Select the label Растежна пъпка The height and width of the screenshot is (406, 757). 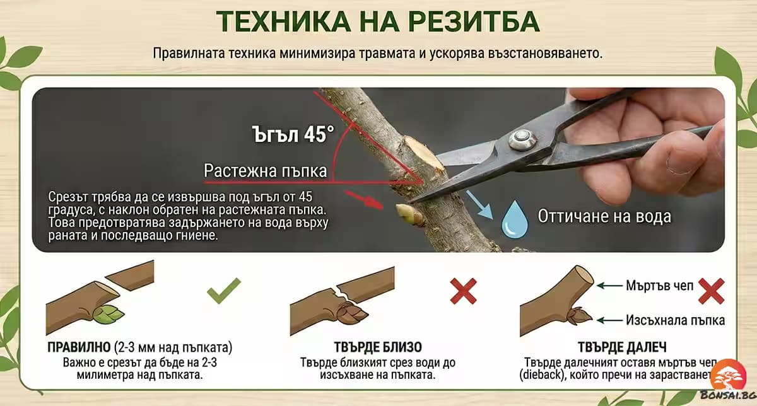tap(265, 171)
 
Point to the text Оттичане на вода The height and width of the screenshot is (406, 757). tap(604, 216)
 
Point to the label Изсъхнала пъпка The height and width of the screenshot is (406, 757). tap(676, 320)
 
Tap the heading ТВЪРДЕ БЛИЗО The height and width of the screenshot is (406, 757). tap(378, 347)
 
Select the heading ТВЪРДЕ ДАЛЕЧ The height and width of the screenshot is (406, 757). tap(621, 347)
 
